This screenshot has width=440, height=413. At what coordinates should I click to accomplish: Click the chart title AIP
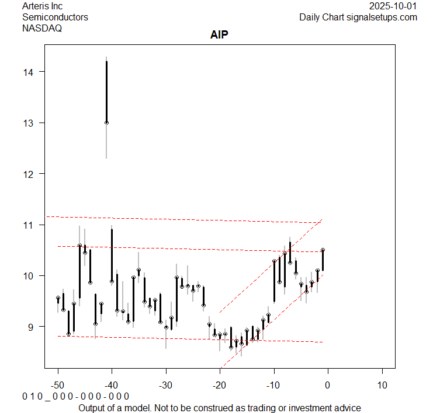219,35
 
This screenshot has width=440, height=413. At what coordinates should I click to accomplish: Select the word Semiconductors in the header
55,17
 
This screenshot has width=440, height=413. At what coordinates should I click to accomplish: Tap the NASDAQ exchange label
41,28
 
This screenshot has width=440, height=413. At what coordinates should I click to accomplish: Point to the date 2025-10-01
393,6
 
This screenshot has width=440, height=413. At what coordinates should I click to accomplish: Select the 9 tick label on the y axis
32,327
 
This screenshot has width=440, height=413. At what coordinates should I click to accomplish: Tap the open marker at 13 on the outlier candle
106,123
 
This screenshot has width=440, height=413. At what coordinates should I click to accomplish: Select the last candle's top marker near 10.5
323,250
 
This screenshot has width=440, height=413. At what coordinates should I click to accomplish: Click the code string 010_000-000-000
75,397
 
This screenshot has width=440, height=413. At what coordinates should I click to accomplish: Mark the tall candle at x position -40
112,255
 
